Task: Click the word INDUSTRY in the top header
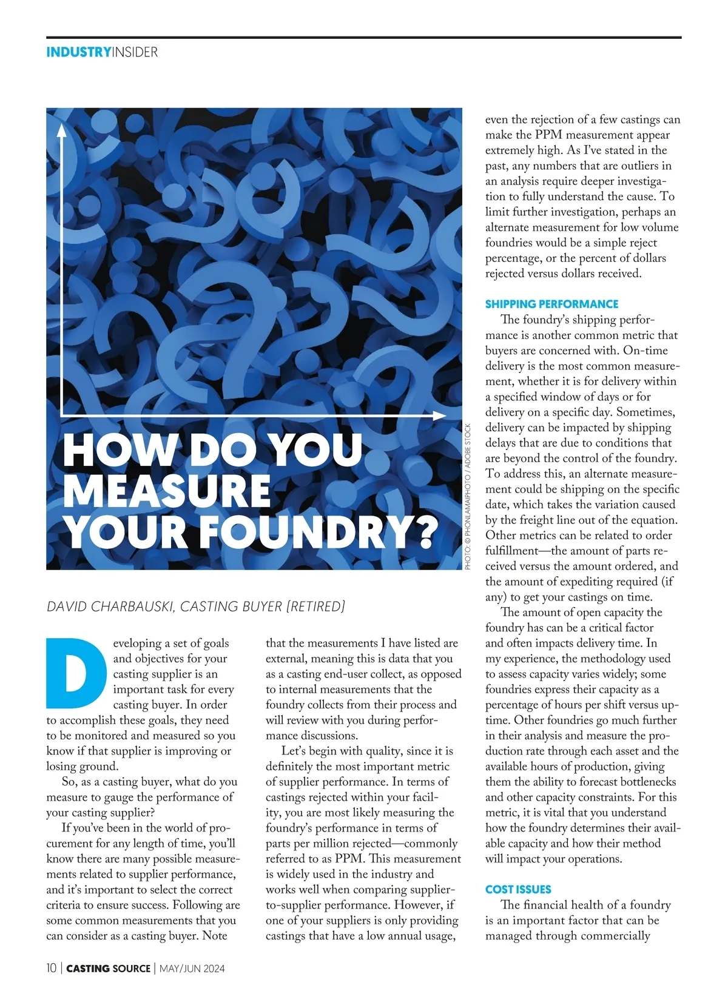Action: (78, 52)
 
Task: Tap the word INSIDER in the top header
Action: (135, 52)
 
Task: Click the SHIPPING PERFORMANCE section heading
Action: (551, 304)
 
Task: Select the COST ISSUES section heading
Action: (518, 889)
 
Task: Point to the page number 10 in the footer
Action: (52, 968)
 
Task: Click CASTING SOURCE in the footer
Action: (108, 969)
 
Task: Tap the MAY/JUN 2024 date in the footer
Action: (192, 969)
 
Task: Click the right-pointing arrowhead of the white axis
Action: (440, 415)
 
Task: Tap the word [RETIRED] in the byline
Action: (315, 606)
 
